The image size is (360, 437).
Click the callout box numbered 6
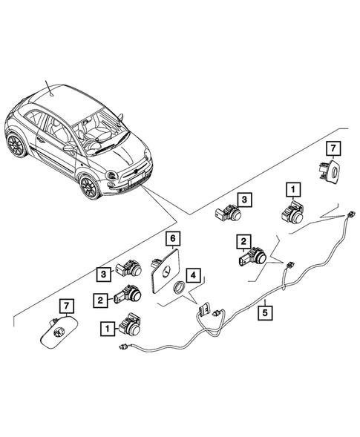pos(172,239)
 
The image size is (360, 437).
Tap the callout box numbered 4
pos(193,275)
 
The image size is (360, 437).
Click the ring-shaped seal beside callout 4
pos(180,290)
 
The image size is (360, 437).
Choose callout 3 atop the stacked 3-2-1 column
pos(106,273)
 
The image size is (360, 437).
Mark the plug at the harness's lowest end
pos(124,346)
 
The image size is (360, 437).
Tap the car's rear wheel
pos(14,143)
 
